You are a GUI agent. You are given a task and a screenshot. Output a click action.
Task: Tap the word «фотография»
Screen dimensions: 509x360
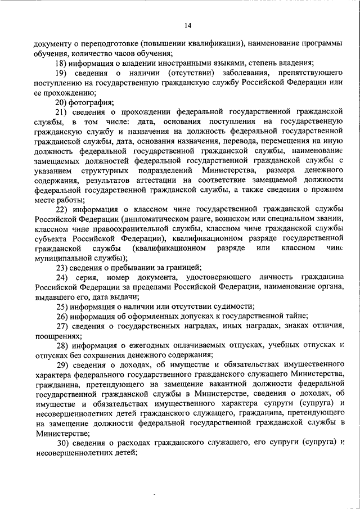(x=91, y=102)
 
